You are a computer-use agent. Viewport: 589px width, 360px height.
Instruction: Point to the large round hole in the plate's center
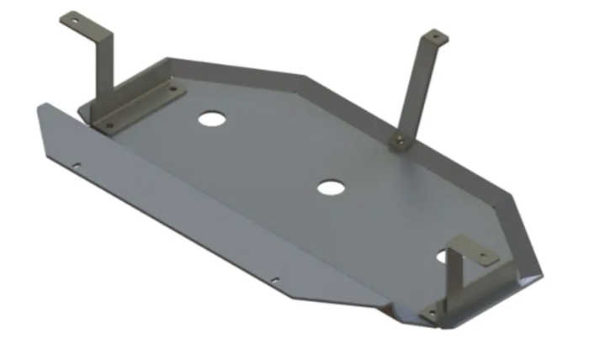click(x=330, y=187)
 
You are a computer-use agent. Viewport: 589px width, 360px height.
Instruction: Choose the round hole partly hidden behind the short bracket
click(x=441, y=255)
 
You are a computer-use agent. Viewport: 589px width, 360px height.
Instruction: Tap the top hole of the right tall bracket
click(x=435, y=35)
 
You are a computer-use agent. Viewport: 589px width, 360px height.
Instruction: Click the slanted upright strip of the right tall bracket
click(x=417, y=84)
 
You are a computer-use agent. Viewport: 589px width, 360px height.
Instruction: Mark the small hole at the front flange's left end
click(x=77, y=166)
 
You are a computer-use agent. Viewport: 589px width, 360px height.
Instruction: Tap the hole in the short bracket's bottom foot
click(x=434, y=313)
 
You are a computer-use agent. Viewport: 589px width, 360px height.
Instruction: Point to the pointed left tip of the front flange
click(x=40, y=106)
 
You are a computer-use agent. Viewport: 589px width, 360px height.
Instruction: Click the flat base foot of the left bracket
click(x=139, y=107)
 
